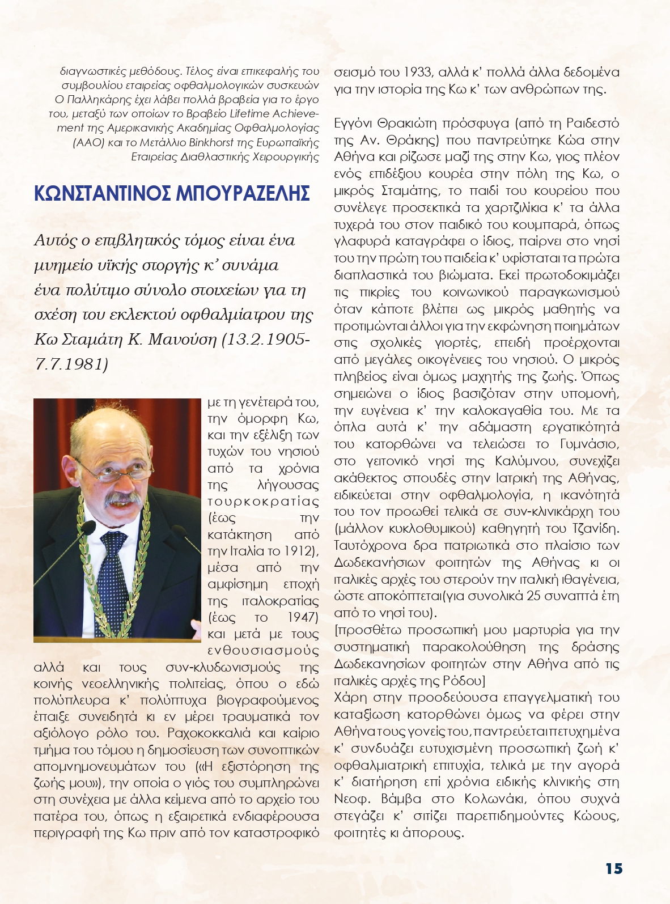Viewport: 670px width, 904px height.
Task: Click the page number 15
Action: (x=614, y=869)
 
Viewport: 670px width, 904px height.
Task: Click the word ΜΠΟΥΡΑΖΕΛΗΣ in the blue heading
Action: (x=243, y=193)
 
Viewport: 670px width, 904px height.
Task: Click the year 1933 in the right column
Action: (x=418, y=73)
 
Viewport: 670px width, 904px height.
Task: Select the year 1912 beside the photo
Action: (x=299, y=551)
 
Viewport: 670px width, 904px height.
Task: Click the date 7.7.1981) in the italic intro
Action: (x=71, y=364)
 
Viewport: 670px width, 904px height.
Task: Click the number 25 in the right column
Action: (x=534, y=596)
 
